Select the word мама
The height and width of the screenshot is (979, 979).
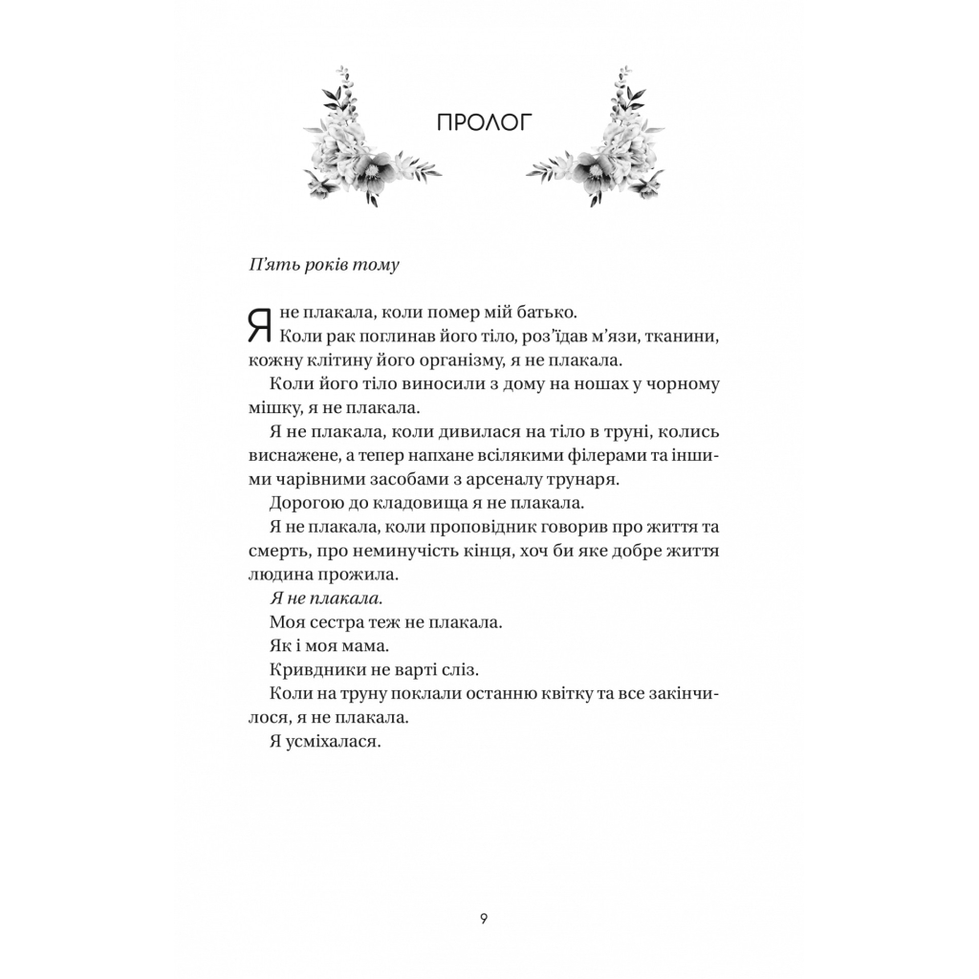[361, 646]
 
